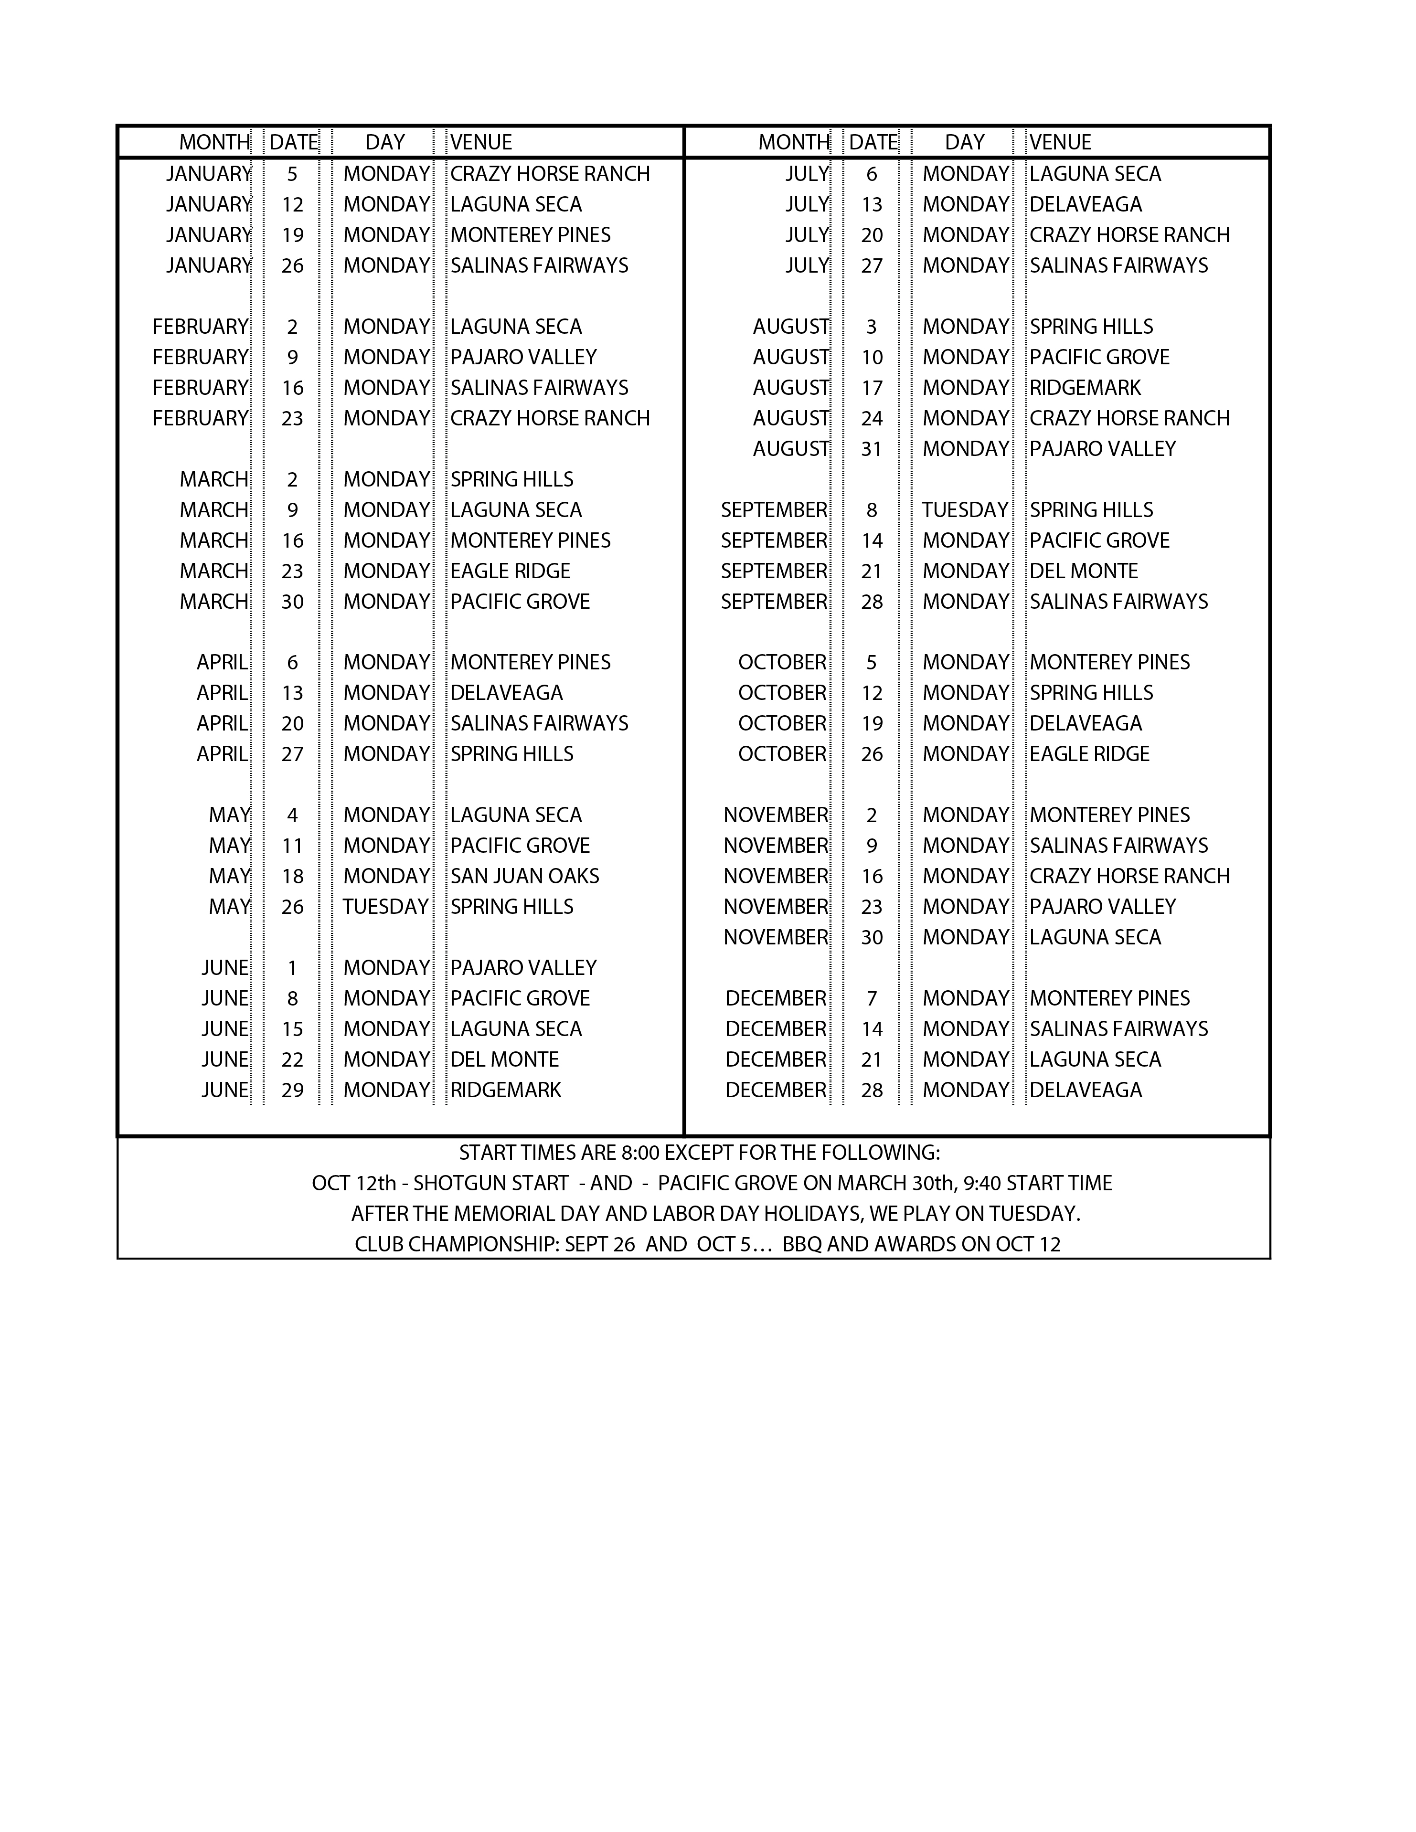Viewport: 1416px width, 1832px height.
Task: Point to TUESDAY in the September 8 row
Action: (965, 510)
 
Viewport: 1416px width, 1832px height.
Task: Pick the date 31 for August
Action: (872, 449)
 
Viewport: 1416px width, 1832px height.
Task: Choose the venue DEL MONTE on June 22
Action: (504, 1059)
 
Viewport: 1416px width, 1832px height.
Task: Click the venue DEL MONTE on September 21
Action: (1083, 571)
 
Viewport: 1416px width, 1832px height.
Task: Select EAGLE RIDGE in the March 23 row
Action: (510, 571)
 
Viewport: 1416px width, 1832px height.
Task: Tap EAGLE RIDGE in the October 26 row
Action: (1089, 754)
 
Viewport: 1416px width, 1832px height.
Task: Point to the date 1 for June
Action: (292, 968)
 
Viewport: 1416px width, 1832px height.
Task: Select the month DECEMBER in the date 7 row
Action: (775, 998)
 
